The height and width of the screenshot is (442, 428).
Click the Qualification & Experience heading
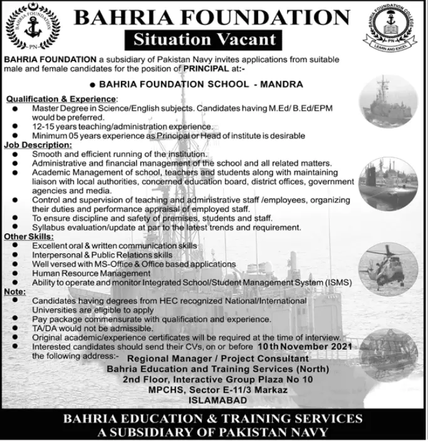pos(61,99)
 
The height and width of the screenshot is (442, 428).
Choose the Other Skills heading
pos(29,237)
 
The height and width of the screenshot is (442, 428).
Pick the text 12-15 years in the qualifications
pos(54,126)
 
